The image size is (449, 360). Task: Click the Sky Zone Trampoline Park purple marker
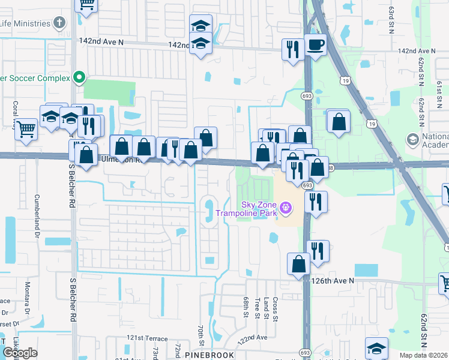pyautogui.click(x=286, y=208)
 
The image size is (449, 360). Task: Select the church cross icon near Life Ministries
pyautogui.click(x=59, y=23)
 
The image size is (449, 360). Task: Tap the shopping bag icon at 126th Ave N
pyautogui.click(x=298, y=263)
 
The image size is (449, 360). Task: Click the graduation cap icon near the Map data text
pyautogui.click(x=376, y=348)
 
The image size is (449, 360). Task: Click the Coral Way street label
pyautogui.click(x=16, y=114)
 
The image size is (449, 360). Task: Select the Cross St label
pyautogui.click(x=275, y=308)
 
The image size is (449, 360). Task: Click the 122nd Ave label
pyautogui.click(x=252, y=338)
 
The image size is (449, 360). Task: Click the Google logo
pyautogui.click(x=20, y=353)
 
